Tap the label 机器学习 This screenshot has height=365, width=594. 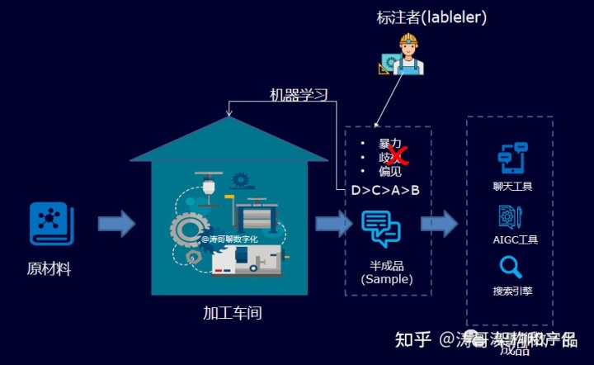299,95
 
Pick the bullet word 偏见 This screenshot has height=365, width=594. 389,172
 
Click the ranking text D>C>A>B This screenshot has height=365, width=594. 385,191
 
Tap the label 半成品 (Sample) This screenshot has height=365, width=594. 386,273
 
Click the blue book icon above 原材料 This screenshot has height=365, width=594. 51,224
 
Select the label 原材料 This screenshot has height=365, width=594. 49,269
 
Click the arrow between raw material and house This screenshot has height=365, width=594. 116,224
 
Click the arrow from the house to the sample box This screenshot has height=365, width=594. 332,224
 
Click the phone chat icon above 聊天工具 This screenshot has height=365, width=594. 511,159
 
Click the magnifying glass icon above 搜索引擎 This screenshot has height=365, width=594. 511,267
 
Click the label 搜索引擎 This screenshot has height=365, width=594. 511,291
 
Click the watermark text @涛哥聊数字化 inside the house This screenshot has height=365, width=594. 230,239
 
